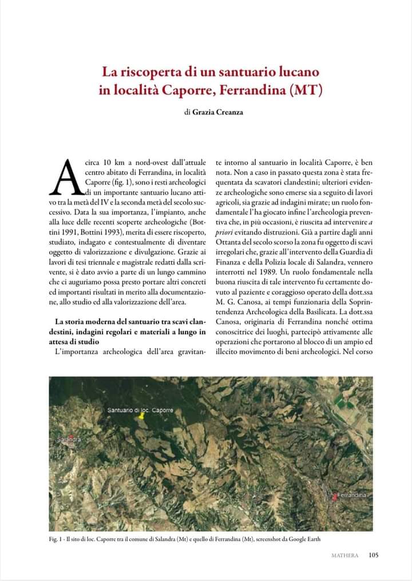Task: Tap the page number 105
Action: coord(373,554)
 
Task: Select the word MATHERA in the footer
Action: coord(346,555)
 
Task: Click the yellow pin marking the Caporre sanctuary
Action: coord(141,417)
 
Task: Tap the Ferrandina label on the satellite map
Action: coord(351,494)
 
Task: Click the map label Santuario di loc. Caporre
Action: coord(140,410)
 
